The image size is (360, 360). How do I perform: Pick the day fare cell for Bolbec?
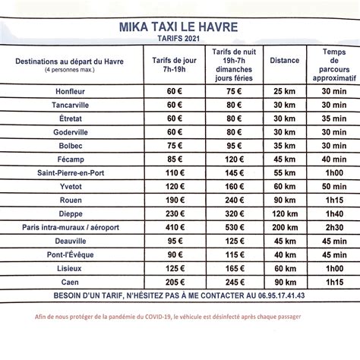click(175, 144)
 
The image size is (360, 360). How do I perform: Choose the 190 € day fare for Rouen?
click(175, 199)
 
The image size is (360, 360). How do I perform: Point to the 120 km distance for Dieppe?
click(284, 213)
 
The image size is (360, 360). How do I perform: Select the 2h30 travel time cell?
click(331, 226)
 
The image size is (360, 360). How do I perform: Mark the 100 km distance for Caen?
click(284, 281)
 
